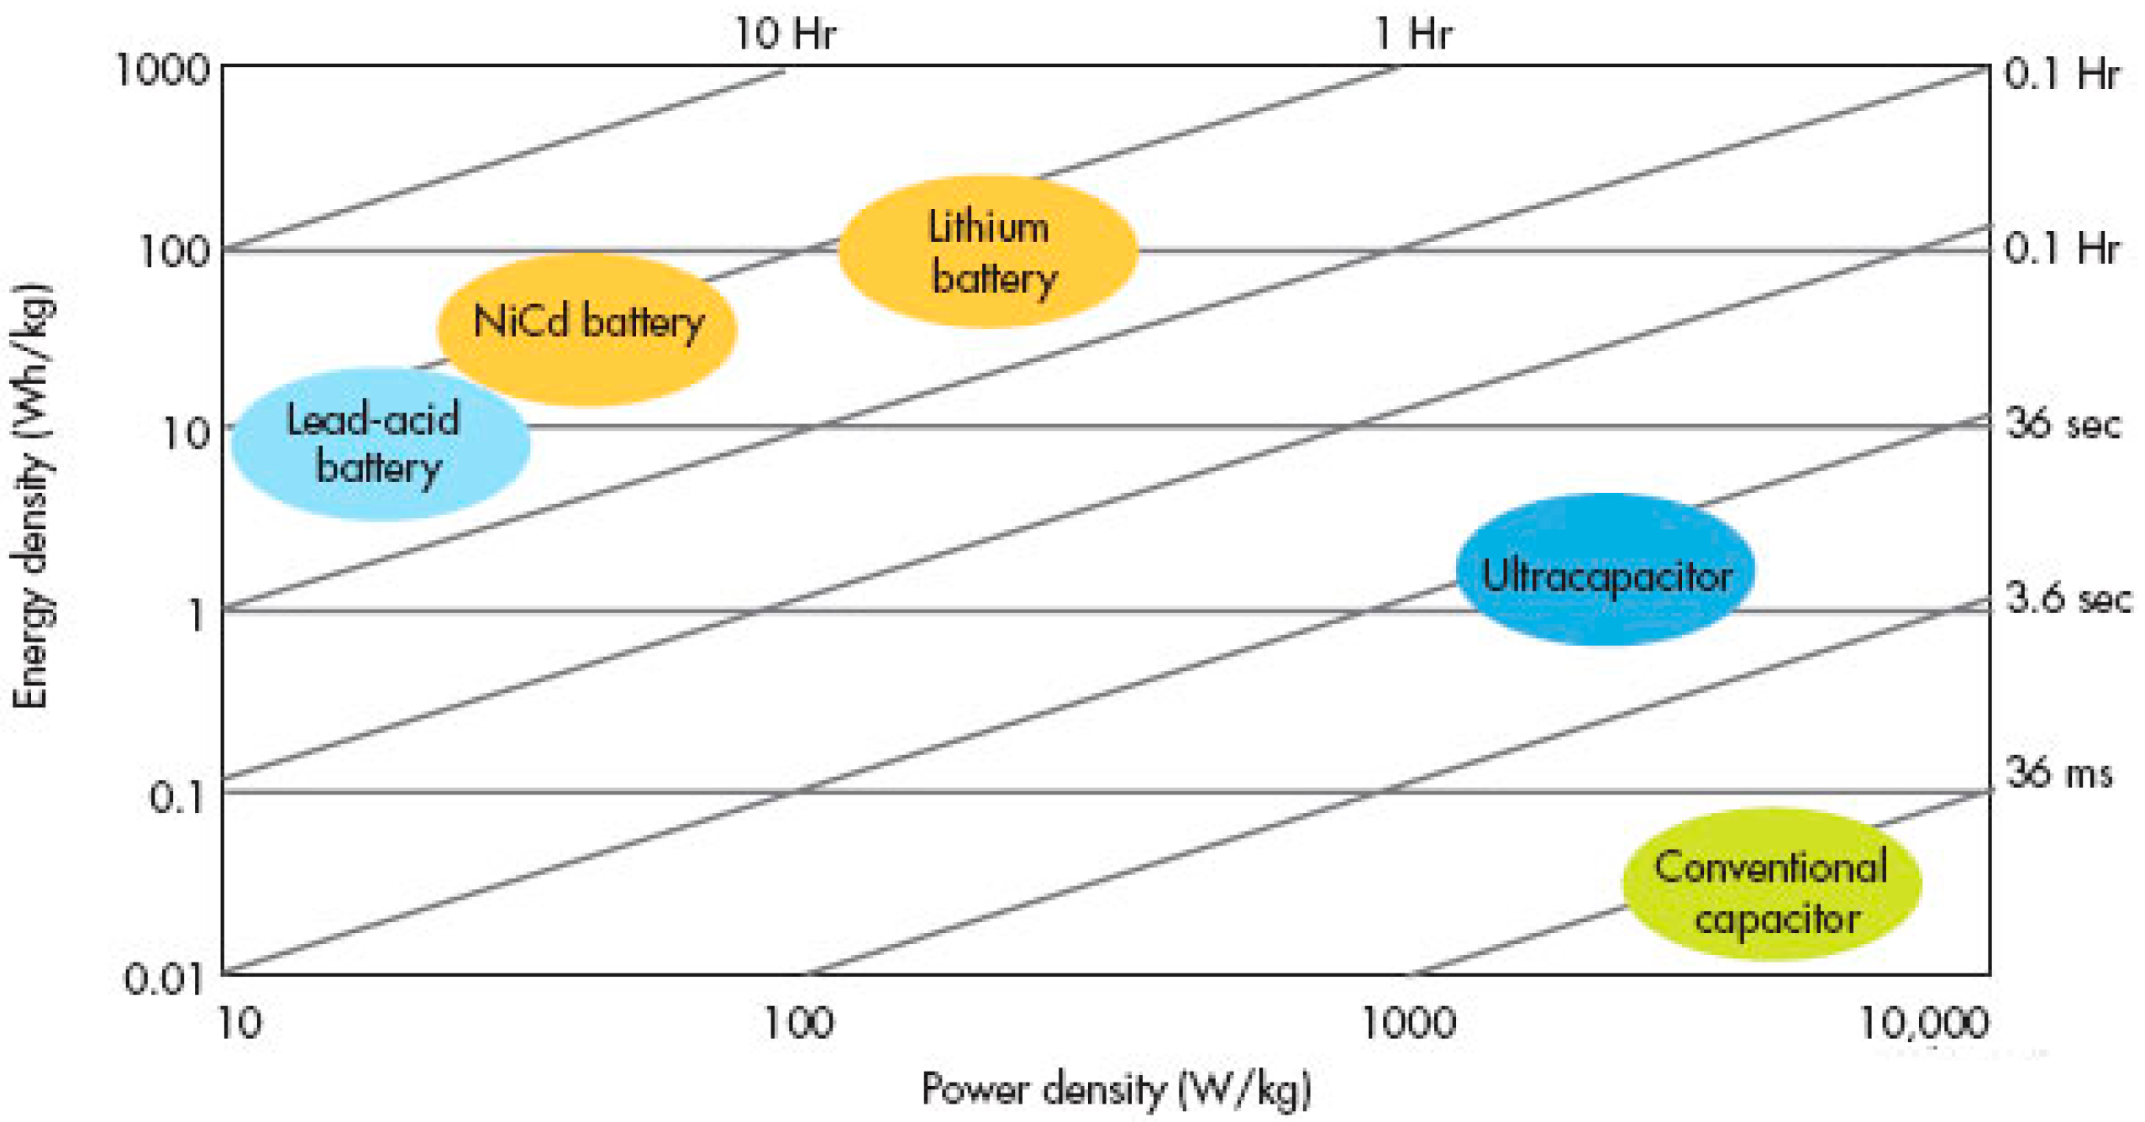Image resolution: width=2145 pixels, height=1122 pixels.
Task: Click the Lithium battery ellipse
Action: [987, 251]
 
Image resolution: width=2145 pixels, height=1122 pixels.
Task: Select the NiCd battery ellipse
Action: [586, 329]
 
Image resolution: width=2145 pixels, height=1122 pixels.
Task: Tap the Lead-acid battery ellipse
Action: [380, 443]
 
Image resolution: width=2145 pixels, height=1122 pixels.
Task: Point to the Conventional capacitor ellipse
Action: [1770, 883]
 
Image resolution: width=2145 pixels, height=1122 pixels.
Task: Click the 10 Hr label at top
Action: [784, 34]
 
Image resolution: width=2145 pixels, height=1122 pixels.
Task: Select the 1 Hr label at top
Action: [1412, 34]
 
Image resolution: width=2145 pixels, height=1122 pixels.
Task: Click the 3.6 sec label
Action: [2067, 598]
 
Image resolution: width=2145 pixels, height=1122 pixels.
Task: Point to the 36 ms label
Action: [2058, 772]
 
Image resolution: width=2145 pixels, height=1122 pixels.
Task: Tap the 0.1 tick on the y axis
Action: [176, 796]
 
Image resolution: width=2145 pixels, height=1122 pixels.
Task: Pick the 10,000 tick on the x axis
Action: [1922, 1022]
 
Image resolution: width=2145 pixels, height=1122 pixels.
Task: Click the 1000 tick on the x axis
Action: [1407, 1022]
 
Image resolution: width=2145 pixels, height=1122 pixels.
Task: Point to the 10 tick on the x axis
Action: [239, 1022]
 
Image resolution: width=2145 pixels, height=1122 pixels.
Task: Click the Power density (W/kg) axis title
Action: [1116, 1088]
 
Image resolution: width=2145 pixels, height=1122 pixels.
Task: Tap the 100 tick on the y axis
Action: [174, 251]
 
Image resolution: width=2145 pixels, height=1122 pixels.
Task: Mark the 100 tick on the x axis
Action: [797, 1022]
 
